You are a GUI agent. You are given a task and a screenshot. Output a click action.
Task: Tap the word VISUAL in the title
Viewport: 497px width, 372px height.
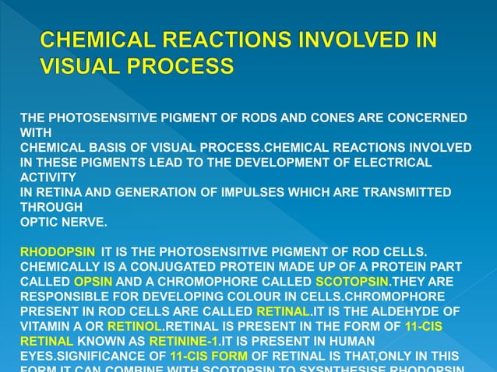coord(77,67)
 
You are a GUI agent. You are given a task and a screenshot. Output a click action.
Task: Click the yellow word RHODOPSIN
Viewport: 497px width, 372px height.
coord(58,252)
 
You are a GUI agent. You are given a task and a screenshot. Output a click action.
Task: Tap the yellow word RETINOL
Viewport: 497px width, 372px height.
coord(136,326)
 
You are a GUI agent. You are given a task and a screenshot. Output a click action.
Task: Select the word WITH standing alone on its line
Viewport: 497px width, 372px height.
coord(34,133)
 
